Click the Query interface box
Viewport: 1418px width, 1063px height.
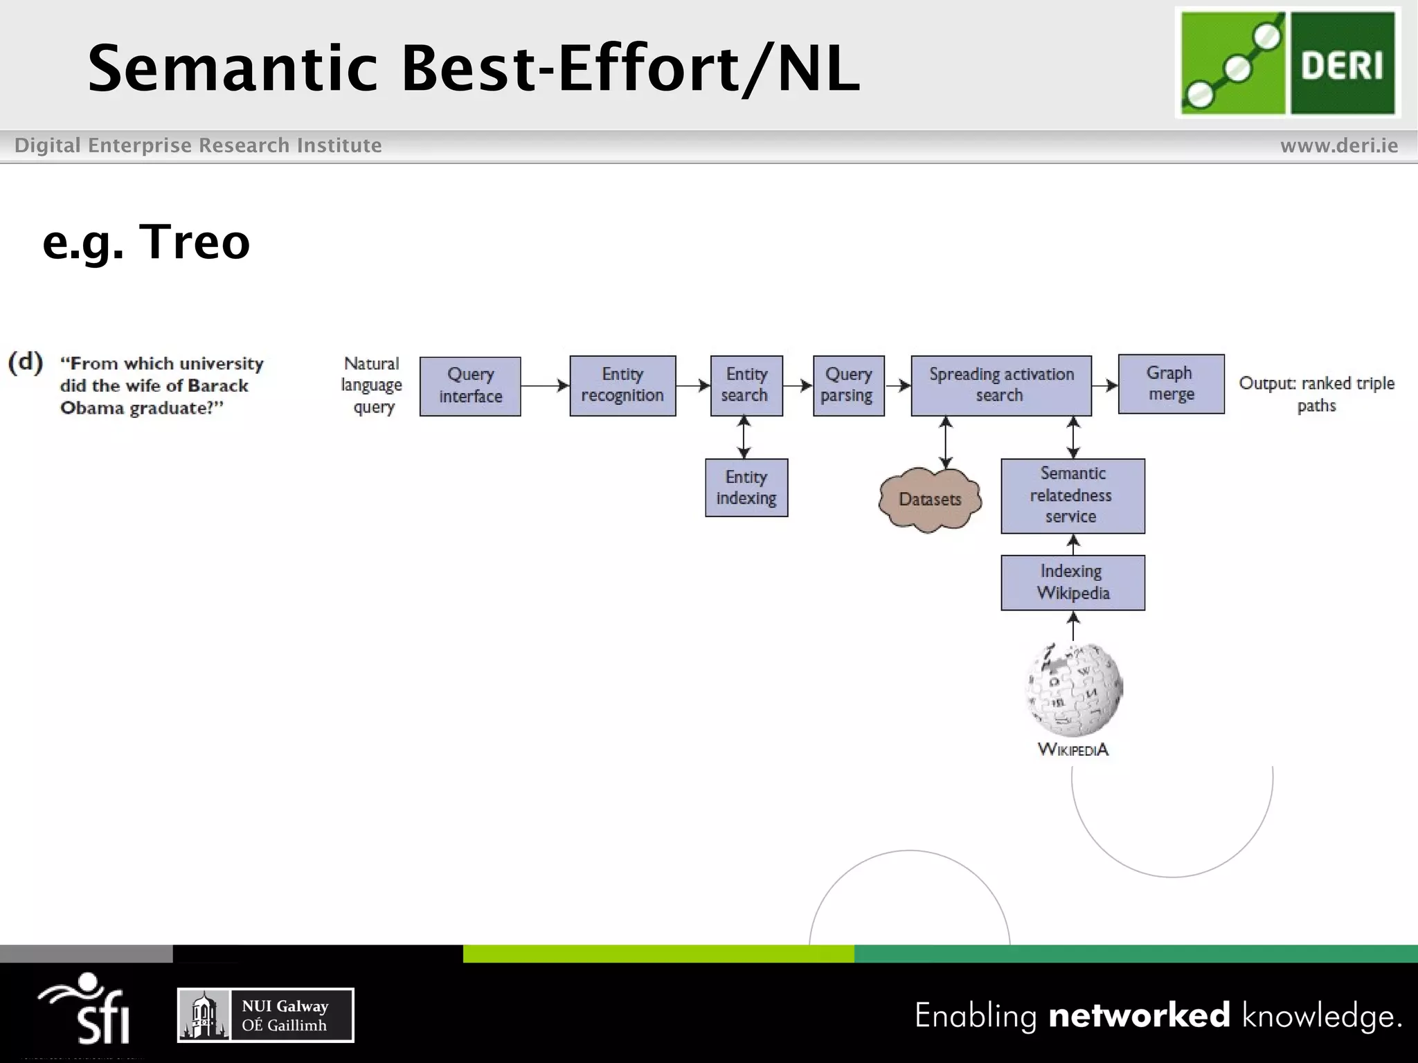(470, 386)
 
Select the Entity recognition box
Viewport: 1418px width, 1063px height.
(622, 385)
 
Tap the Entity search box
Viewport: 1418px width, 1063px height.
(746, 385)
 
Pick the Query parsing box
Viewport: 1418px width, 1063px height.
(848, 385)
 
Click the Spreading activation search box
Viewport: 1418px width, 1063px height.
(1001, 385)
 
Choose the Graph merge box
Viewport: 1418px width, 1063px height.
(1171, 384)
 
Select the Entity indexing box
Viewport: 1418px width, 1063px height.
(746, 488)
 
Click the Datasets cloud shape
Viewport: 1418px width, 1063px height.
(930, 500)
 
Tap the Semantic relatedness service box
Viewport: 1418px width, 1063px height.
(1073, 496)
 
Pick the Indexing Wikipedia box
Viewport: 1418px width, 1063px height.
(1073, 583)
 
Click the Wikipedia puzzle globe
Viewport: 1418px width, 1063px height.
(1074, 689)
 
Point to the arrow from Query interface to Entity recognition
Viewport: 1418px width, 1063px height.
(545, 386)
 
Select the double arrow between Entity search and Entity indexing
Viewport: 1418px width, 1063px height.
(744, 437)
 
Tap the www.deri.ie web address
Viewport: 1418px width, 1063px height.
(1338, 146)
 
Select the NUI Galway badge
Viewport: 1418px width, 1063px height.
(266, 1015)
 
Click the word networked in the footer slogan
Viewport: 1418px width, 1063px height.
(1139, 1015)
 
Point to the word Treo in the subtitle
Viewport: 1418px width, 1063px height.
(195, 242)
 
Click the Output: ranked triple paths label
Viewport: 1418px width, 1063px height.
(1316, 393)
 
